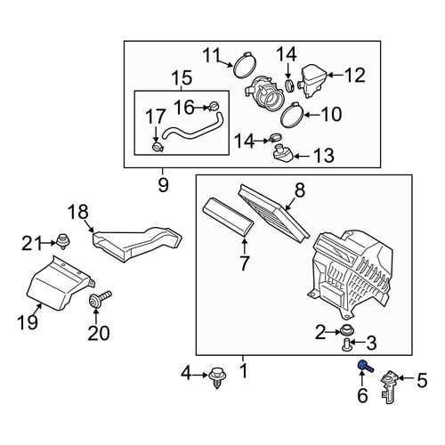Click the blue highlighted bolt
[365, 367]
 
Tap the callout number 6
[362, 395]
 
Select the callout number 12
[355, 75]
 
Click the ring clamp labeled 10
[292, 115]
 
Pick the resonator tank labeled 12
[312, 80]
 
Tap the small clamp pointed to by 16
[214, 106]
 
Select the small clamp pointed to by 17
[158, 147]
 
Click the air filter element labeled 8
[274, 213]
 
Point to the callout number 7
[244, 261]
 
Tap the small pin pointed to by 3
[347, 345]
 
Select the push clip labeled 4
[217, 378]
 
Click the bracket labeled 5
[389, 387]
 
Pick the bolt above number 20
[100, 300]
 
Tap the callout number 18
[78, 212]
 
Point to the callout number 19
[28, 322]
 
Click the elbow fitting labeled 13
[283, 153]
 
